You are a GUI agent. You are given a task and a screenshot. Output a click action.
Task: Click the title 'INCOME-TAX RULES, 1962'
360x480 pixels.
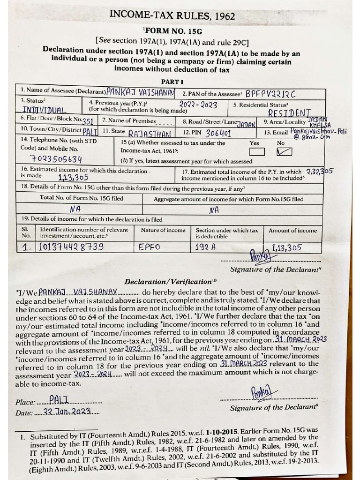pyautogui.click(x=172, y=15)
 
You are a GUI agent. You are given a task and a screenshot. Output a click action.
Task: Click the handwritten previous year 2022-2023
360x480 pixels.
pyautogui.click(x=198, y=105)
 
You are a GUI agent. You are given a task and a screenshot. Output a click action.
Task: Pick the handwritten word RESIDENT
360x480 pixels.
pyautogui.click(x=289, y=113)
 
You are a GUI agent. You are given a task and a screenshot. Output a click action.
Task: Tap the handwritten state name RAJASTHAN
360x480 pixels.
pyautogui.click(x=146, y=133)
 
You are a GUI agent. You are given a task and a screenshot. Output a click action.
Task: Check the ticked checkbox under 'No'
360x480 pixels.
pyautogui.click(x=285, y=151)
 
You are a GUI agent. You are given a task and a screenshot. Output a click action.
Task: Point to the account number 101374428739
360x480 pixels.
pyautogui.click(x=71, y=247)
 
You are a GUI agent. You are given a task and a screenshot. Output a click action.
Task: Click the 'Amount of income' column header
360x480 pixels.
pyautogui.click(x=292, y=231)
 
